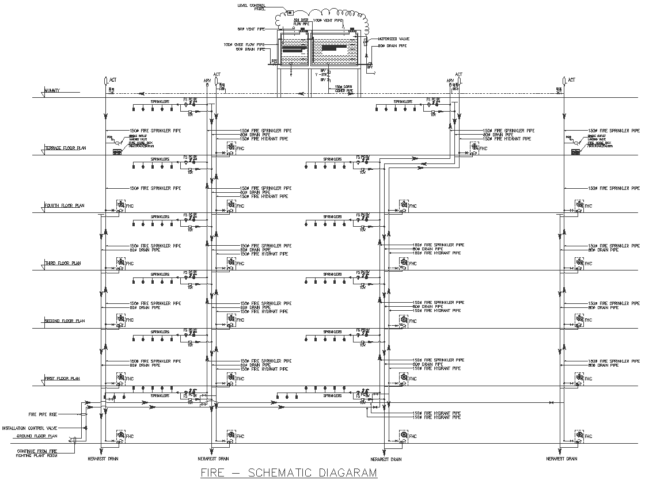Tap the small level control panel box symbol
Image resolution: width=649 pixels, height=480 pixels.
(290, 13)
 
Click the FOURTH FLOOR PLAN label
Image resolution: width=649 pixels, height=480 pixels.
(64, 205)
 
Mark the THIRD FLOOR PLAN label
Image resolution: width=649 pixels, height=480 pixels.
(63, 263)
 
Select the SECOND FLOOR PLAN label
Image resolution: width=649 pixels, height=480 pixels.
(64, 321)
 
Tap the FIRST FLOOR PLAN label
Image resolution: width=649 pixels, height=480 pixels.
(62, 378)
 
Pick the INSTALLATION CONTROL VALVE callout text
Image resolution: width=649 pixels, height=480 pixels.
(32, 428)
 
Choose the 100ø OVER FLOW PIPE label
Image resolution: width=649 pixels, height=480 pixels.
(244, 44)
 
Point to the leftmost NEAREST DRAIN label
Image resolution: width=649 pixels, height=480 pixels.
(104, 459)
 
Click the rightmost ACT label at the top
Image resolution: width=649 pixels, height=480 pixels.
(571, 80)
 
